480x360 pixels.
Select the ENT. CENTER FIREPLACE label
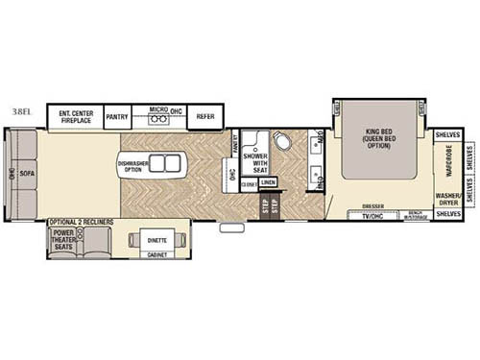[x=75, y=115]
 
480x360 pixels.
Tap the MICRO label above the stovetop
[x=157, y=109]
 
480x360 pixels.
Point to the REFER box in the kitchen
[x=204, y=115]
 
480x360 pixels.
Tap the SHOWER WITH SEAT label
[x=254, y=162]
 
